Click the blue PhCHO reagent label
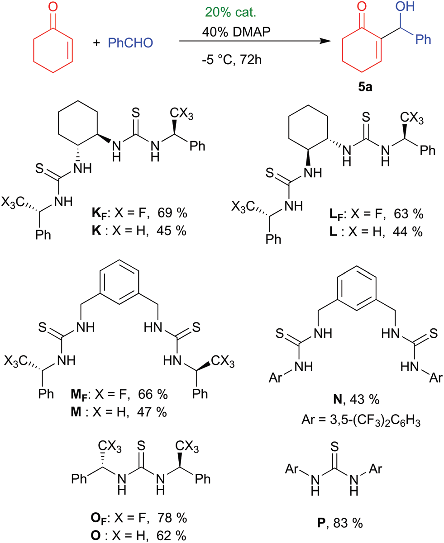tap(130, 43)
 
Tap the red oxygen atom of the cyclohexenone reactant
tap(53, 7)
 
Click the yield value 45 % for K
tap(172, 230)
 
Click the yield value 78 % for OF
tap(172, 517)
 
